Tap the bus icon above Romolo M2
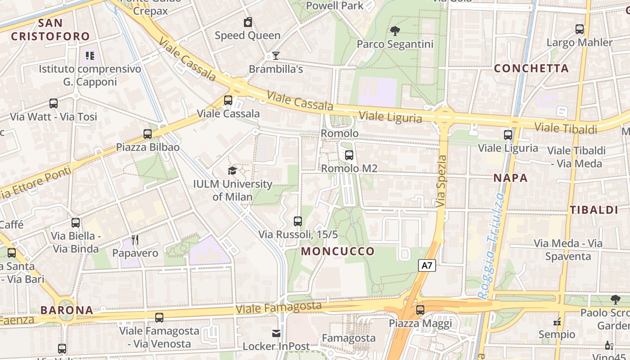coord(349,155)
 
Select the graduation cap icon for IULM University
coord(232,171)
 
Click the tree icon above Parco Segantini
coord(395,31)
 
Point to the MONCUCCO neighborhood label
coord(338,251)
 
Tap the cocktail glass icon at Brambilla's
coord(276,56)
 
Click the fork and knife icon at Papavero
coord(135,240)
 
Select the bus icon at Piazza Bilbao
coord(148,134)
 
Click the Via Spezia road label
coord(441,181)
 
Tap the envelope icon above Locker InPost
coord(276,333)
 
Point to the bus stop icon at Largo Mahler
coord(580,29)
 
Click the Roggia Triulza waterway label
coord(490,245)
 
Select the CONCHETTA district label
coord(531,68)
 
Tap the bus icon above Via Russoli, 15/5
coord(297,221)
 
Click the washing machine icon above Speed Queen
coord(247,22)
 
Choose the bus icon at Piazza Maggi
coord(420,310)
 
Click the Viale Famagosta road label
coord(279,308)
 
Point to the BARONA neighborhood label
coord(67,310)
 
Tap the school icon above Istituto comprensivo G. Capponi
coord(90,56)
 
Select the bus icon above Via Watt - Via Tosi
coord(54,103)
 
